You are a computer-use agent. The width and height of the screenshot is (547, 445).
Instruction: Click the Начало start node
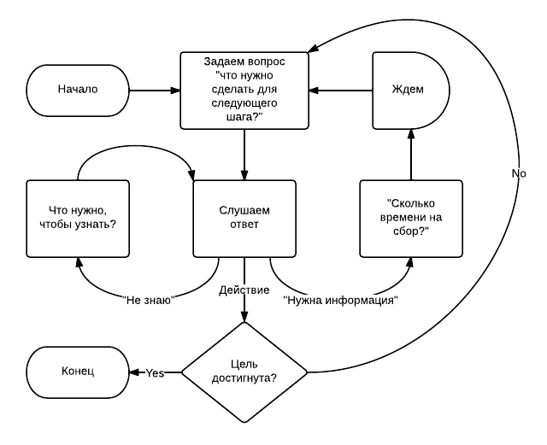pos(78,88)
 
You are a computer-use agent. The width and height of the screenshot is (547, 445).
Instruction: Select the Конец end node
pos(78,372)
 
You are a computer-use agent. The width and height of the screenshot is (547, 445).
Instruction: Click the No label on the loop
pos(518,173)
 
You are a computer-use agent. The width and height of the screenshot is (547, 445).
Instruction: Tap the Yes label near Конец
pos(155,372)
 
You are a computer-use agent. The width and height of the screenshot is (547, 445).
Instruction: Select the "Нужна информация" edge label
pos(340,300)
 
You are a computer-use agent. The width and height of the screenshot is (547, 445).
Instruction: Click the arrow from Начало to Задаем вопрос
pos(154,88)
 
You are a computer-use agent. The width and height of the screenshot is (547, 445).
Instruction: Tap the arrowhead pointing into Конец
pos(133,372)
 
